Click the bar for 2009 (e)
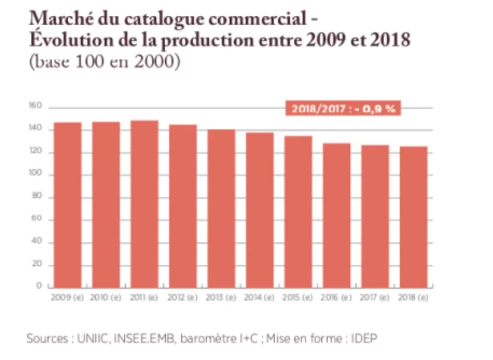[x=67, y=205]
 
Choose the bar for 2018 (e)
[x=413, y=217]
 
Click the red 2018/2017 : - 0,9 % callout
[x=343, y=108]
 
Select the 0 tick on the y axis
[x=39, y=286]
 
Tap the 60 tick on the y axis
[x=37, y=220]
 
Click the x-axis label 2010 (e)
[x=106, y=297]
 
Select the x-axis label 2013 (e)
[x=221, y=297]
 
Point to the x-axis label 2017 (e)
[x=374, y=297]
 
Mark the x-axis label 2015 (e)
[x=298, y=297]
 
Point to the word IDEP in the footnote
[x=372, y=338]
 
